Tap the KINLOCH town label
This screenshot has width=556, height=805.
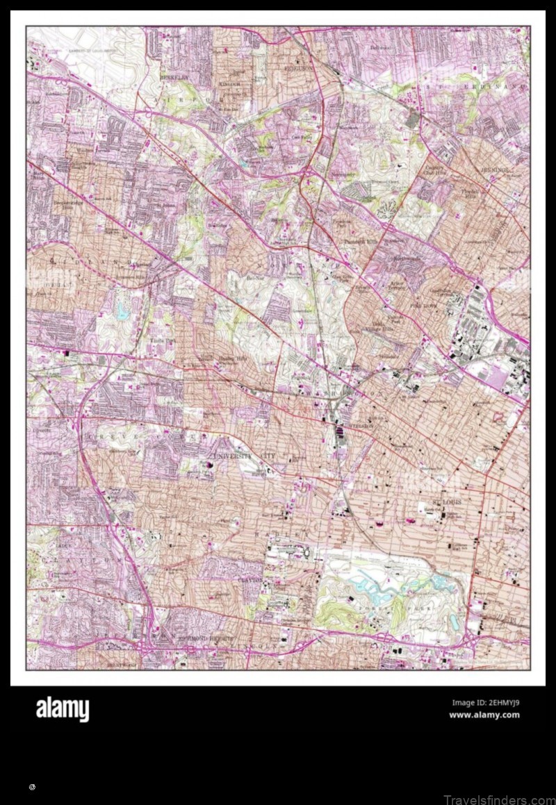click(229, 83)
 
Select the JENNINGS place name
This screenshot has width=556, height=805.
click(494, 169)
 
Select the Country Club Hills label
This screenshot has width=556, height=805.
click(435, 171)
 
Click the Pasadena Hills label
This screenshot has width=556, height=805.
click(359, 242)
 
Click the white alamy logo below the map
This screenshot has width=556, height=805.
click(63, 709)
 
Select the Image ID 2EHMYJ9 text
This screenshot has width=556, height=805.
click(485, 702)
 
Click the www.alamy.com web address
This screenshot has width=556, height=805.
click(484, 715)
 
